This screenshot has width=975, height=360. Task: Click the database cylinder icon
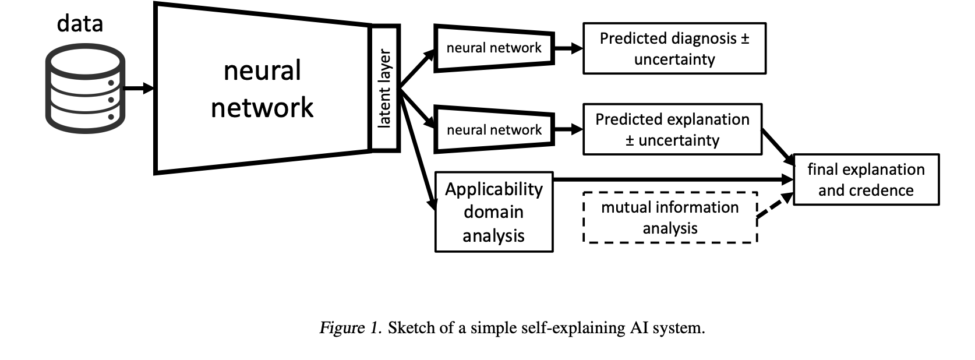click(85, 89)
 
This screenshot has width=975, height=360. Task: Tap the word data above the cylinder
click(80, 23)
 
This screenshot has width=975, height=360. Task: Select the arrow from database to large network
click(139, 89)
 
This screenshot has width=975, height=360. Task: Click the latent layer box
click(385, 88)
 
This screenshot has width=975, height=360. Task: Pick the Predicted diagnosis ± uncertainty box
click(674, 48)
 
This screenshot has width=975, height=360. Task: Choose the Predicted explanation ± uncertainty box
click(672, 129)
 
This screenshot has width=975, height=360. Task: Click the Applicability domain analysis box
click(494, 211)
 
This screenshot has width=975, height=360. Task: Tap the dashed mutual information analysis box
click(670, 217)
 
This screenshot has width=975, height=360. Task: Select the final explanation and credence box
click(866, 179)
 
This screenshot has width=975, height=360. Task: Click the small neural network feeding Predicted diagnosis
click(494, 48)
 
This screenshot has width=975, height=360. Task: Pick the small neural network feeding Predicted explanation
click(494, 129)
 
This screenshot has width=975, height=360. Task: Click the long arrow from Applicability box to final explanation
click(670, 180)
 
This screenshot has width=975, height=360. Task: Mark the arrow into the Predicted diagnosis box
click(568, 48)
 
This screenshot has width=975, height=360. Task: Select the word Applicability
click(494, 189)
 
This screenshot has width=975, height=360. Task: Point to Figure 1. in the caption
click(350, 328)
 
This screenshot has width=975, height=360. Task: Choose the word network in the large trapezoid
click(262, 108)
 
